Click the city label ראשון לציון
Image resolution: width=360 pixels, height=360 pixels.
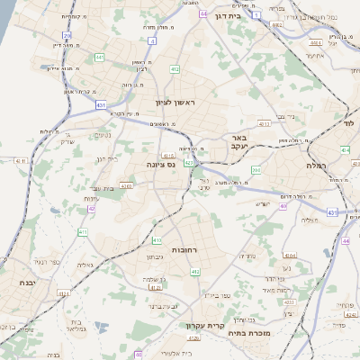pos(174,103)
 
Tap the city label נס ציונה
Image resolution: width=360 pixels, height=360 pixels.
pos(159,165)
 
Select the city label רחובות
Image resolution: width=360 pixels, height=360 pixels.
pos(185,248)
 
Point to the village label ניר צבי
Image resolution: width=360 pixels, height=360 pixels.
pos(288,116)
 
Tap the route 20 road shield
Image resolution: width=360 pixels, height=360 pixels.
pos(67,36)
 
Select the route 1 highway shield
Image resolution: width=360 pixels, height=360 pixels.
pos(256,15)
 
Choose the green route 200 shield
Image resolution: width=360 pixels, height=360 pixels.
pos(256,168)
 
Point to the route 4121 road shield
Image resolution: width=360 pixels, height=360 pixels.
pos(64,292)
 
